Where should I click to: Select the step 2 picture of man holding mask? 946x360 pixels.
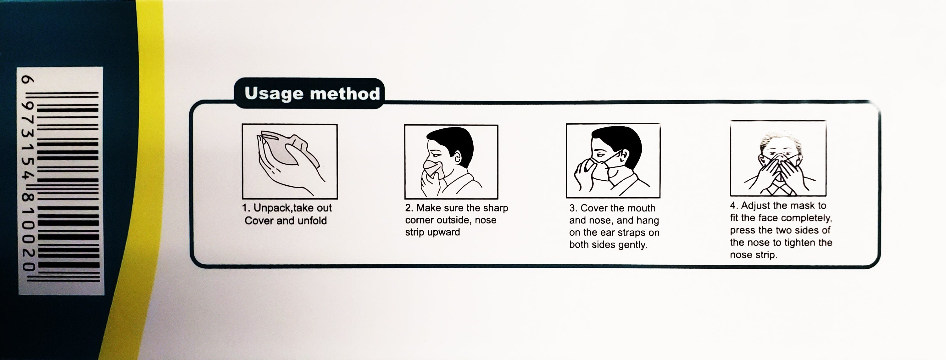(451, 162)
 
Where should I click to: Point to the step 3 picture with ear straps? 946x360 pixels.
(613, 160)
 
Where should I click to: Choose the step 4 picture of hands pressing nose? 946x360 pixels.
(778, 158)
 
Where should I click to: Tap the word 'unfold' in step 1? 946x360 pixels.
(312, 221)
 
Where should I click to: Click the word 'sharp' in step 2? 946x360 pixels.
(495, 208)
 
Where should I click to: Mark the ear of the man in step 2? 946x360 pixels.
(457, 158)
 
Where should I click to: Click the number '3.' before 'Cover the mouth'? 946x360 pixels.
(573, 208)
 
